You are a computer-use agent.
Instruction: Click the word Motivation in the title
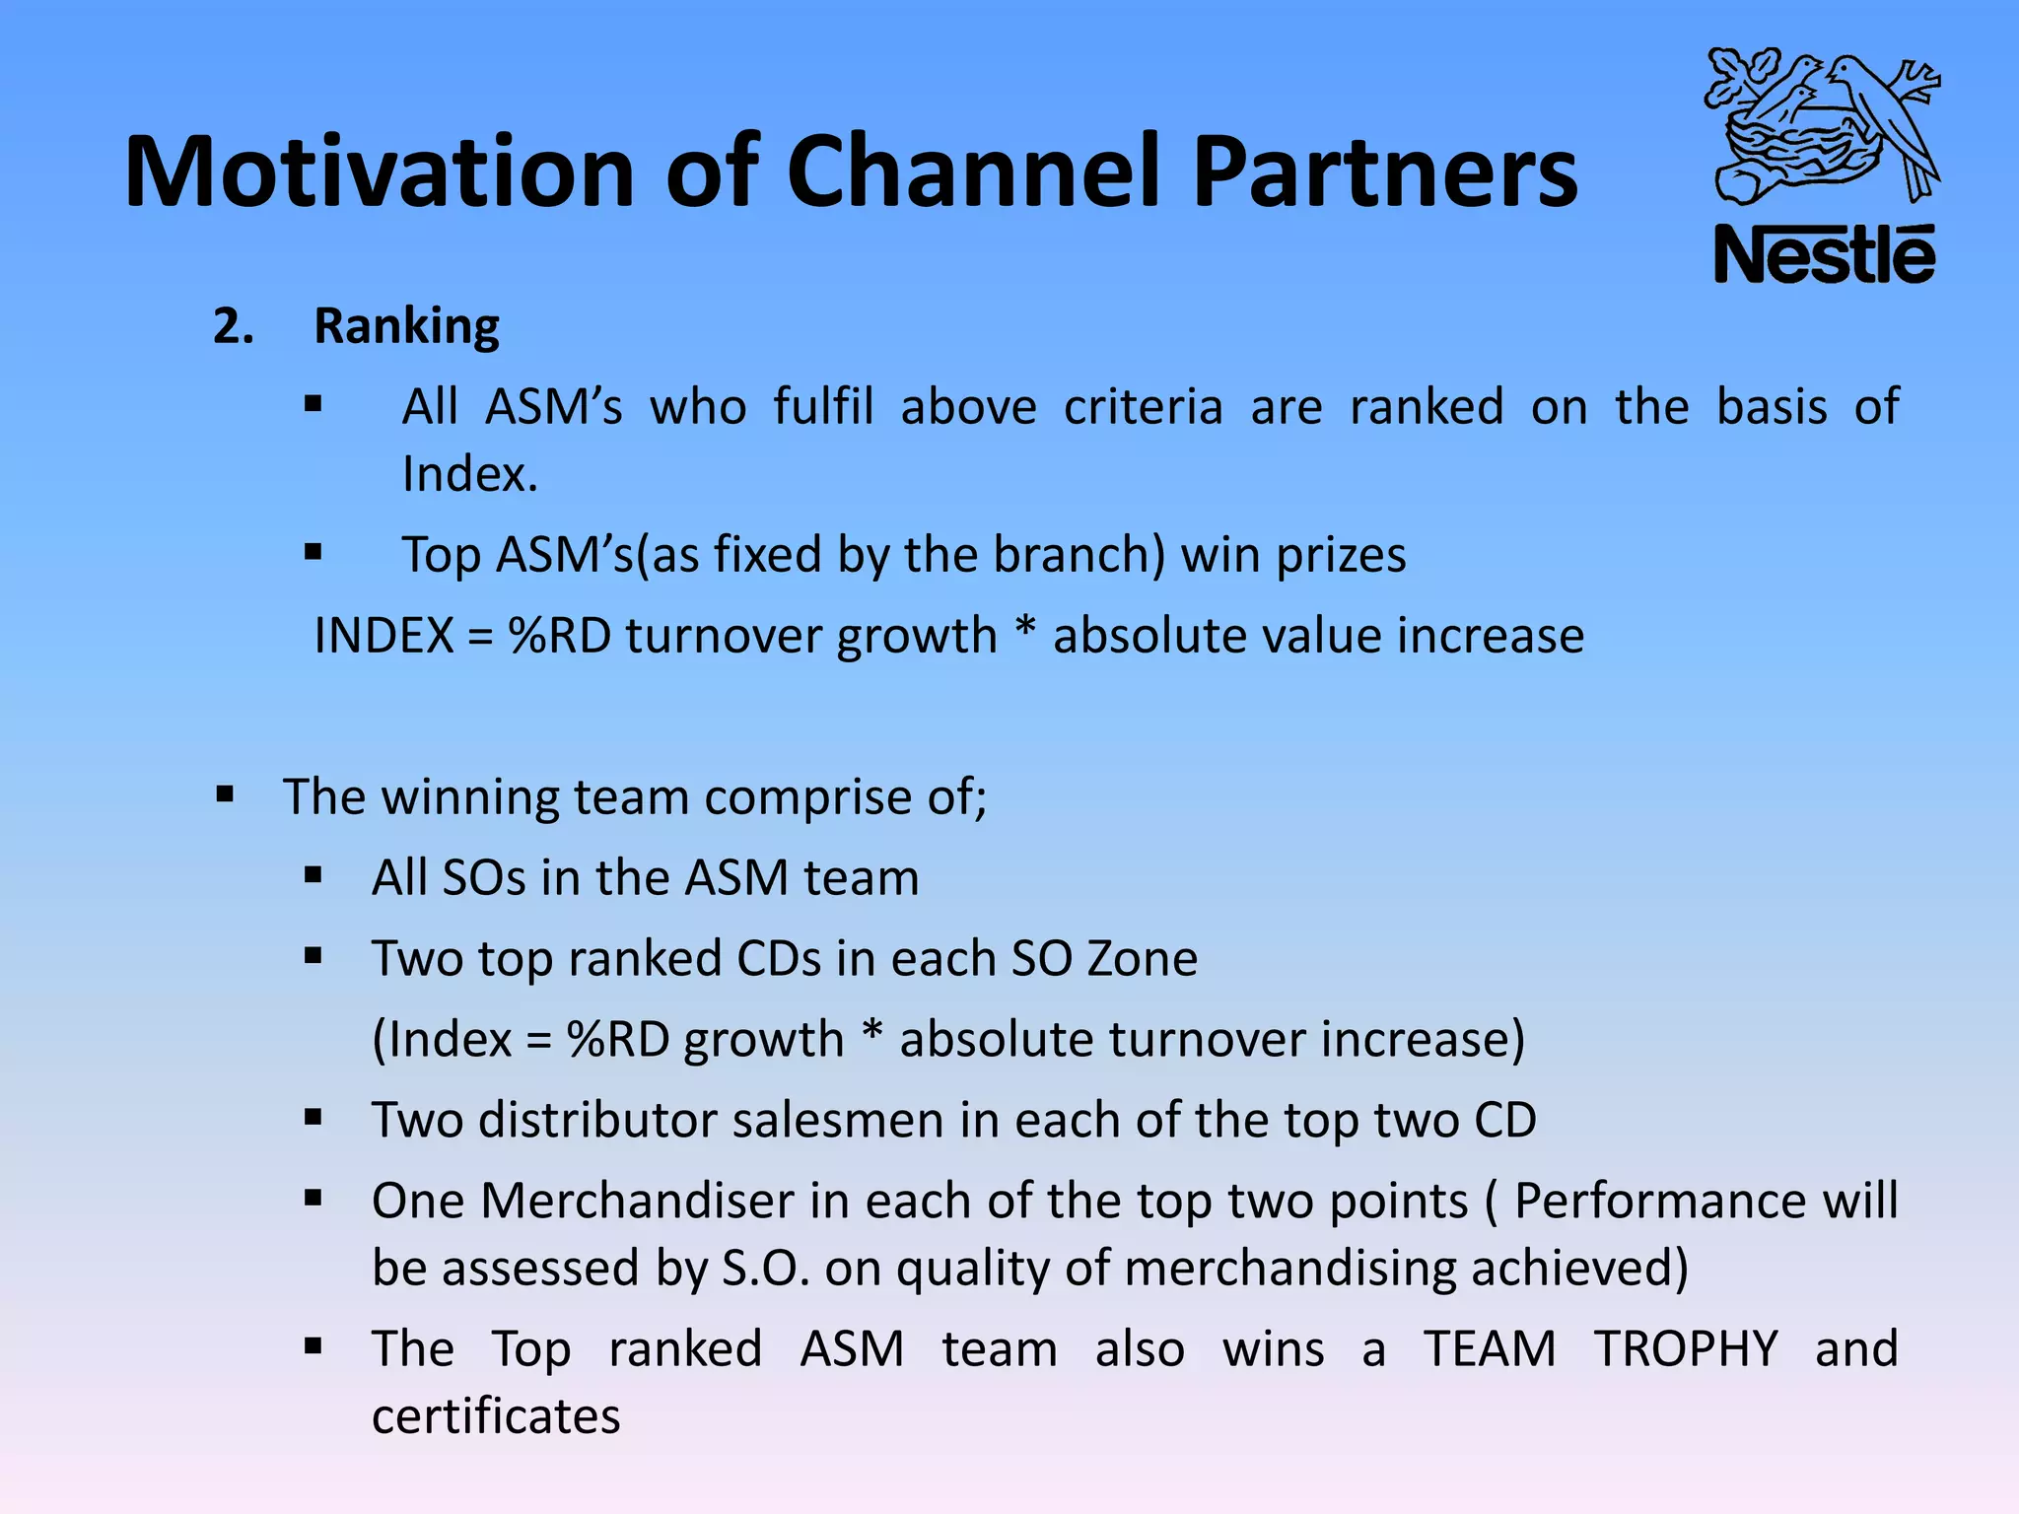point(380,172)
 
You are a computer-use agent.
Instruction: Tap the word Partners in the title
point(1385,172)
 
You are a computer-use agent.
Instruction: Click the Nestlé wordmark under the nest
point(1824,255)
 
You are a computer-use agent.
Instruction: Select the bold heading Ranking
point(406,326)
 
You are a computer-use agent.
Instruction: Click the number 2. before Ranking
point(234,326)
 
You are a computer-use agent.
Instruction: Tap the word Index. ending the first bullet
point(470,474)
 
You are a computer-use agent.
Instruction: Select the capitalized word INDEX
point(383,636)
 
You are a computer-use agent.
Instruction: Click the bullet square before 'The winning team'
point(225,793)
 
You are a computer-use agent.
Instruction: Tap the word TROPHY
point(1686,1349)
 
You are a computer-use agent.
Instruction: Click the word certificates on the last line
point(496,1416)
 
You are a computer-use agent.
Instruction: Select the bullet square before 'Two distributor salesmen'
point(313,1118)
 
